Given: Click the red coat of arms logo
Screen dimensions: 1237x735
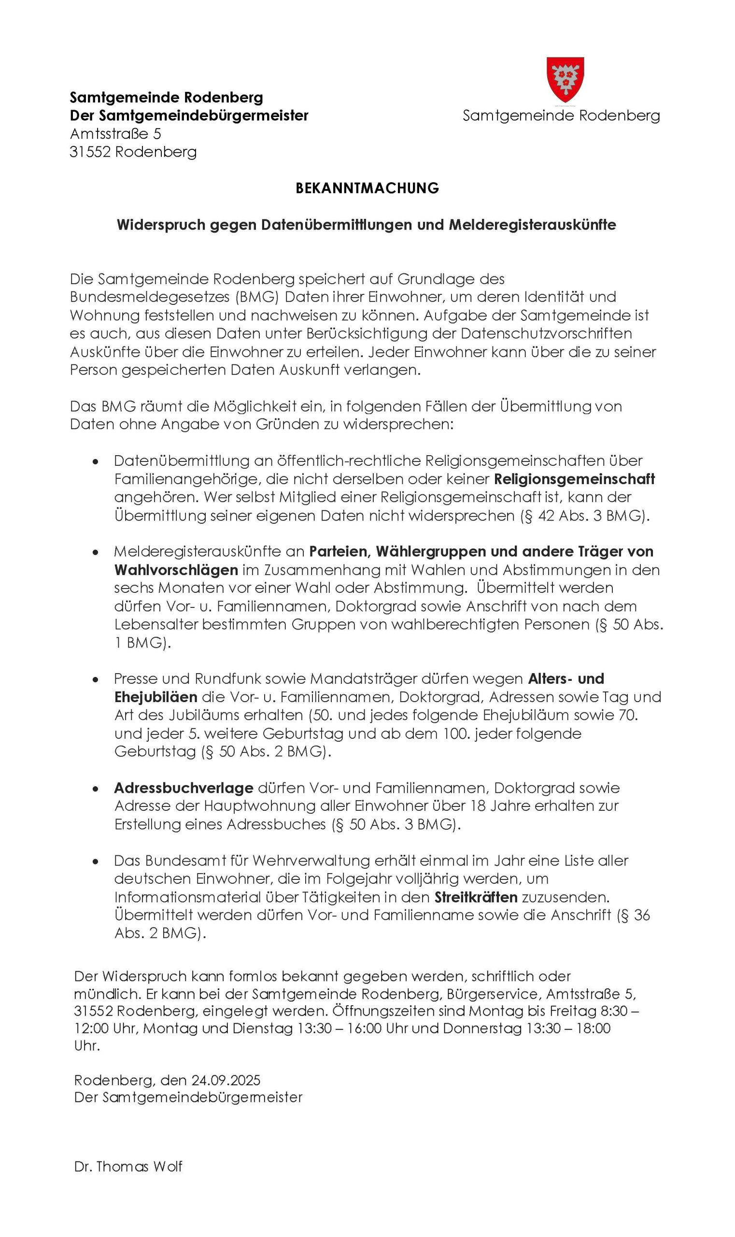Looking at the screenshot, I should (x=565, y=79).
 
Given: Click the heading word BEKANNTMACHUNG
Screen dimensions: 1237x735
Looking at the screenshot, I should (x=367, y=188).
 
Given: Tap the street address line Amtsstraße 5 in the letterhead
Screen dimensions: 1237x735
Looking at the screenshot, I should (x=115, y=134).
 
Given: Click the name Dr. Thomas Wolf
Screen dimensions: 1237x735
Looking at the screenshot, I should (x=128, y=1166).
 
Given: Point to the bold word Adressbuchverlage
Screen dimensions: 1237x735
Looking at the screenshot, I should (x=184, y=788).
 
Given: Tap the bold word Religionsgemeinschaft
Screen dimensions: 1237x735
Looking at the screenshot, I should (x=575, y=479).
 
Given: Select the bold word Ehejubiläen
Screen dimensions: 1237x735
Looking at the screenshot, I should (x=156, y=697).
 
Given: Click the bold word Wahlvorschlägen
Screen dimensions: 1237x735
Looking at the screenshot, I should (x=176, y=569).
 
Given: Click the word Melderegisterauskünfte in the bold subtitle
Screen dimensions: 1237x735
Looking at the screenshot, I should (x=533, y=225).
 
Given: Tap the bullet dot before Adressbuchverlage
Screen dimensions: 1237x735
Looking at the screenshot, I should (x=96, y=789).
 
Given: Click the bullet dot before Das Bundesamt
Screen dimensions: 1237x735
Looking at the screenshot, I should (x=96, y=862).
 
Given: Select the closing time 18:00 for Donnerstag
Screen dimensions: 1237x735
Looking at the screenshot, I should (x=594, y=1028).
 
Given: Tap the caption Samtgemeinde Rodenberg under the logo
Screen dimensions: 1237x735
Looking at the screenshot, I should (x=561, y=116).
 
